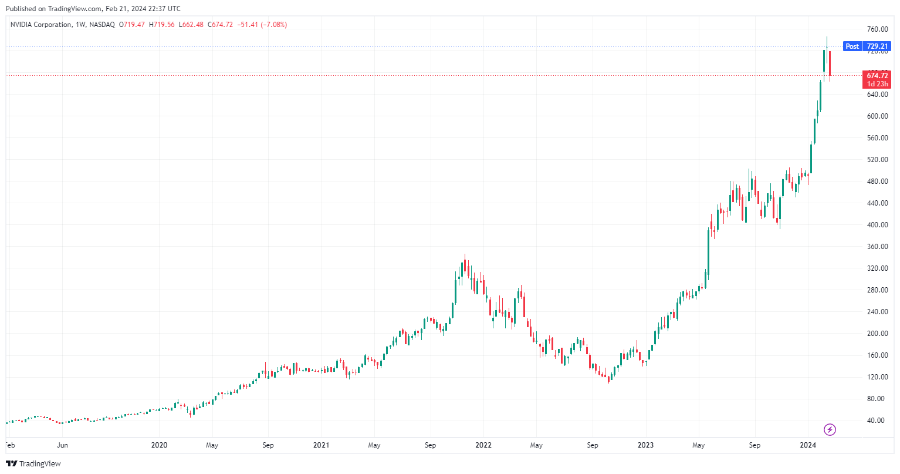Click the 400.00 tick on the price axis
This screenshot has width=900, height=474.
(x=877, y=225)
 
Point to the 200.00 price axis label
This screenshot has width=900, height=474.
(x=877, y=334)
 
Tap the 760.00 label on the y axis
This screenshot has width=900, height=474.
(x=877, y=29)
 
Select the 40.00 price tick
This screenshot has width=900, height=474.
(x=875, y=421)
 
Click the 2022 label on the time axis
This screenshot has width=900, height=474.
(x=483, y=445)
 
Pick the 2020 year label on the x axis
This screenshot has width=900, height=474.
(x=159, y=445)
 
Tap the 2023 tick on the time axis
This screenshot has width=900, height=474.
(x=645, y=445)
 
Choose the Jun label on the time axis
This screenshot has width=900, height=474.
(x=62, y=445)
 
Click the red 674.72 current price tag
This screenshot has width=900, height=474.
(x=877, y=76)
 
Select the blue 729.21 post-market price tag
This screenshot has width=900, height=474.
(x=877, y=46)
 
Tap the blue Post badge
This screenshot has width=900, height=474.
(x=852, y=46)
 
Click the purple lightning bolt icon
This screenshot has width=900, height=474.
(x=830, y=430)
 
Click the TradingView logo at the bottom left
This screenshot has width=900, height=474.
(x=33, y=463)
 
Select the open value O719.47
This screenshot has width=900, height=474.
(x=132, y=25)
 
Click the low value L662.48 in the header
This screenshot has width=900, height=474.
(x=191, y=25)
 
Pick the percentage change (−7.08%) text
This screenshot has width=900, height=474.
(x=274, y=25)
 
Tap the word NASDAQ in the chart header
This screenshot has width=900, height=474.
(x=102, y=25)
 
